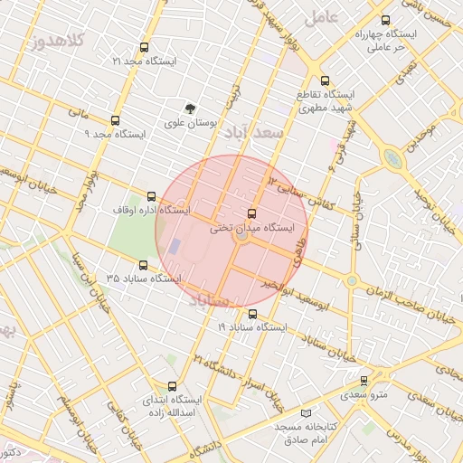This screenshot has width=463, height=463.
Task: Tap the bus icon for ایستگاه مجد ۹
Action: point(115,120)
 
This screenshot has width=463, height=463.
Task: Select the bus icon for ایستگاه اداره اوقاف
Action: point(151,196)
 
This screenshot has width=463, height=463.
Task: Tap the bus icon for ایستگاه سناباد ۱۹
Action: point(251,314)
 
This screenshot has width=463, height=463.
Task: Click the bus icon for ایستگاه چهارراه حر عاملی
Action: point(386,20)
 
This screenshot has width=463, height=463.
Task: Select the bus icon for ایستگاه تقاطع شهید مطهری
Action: point(326,80)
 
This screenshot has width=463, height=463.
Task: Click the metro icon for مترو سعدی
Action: point(364,381)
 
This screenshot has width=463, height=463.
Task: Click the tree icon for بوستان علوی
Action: point(190,108)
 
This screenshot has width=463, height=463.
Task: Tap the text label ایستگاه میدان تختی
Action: point(252,230)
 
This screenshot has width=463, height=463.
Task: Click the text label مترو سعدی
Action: point(364,395)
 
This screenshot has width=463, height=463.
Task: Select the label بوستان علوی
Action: point(189,122)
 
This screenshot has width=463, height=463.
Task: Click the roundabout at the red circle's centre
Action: point(241,238)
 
